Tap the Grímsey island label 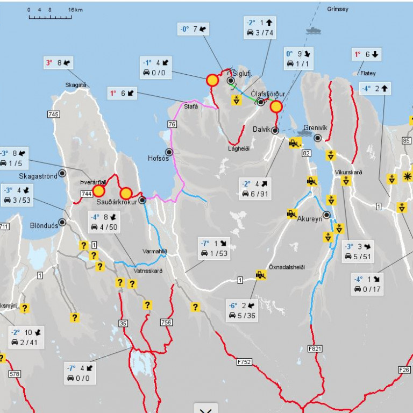(338, 9)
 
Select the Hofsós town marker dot (169, 152)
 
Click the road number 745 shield (53, 114)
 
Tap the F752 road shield (244, 362)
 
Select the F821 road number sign (315, 348)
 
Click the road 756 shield (166, 322)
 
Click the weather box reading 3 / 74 (260, 28)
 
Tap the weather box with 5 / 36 (243, 310)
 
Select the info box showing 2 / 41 (25, 337)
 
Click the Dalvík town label (263, 129)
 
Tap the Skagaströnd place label (38, 176)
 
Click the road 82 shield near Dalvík (307, 154)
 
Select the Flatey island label (368, 73)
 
